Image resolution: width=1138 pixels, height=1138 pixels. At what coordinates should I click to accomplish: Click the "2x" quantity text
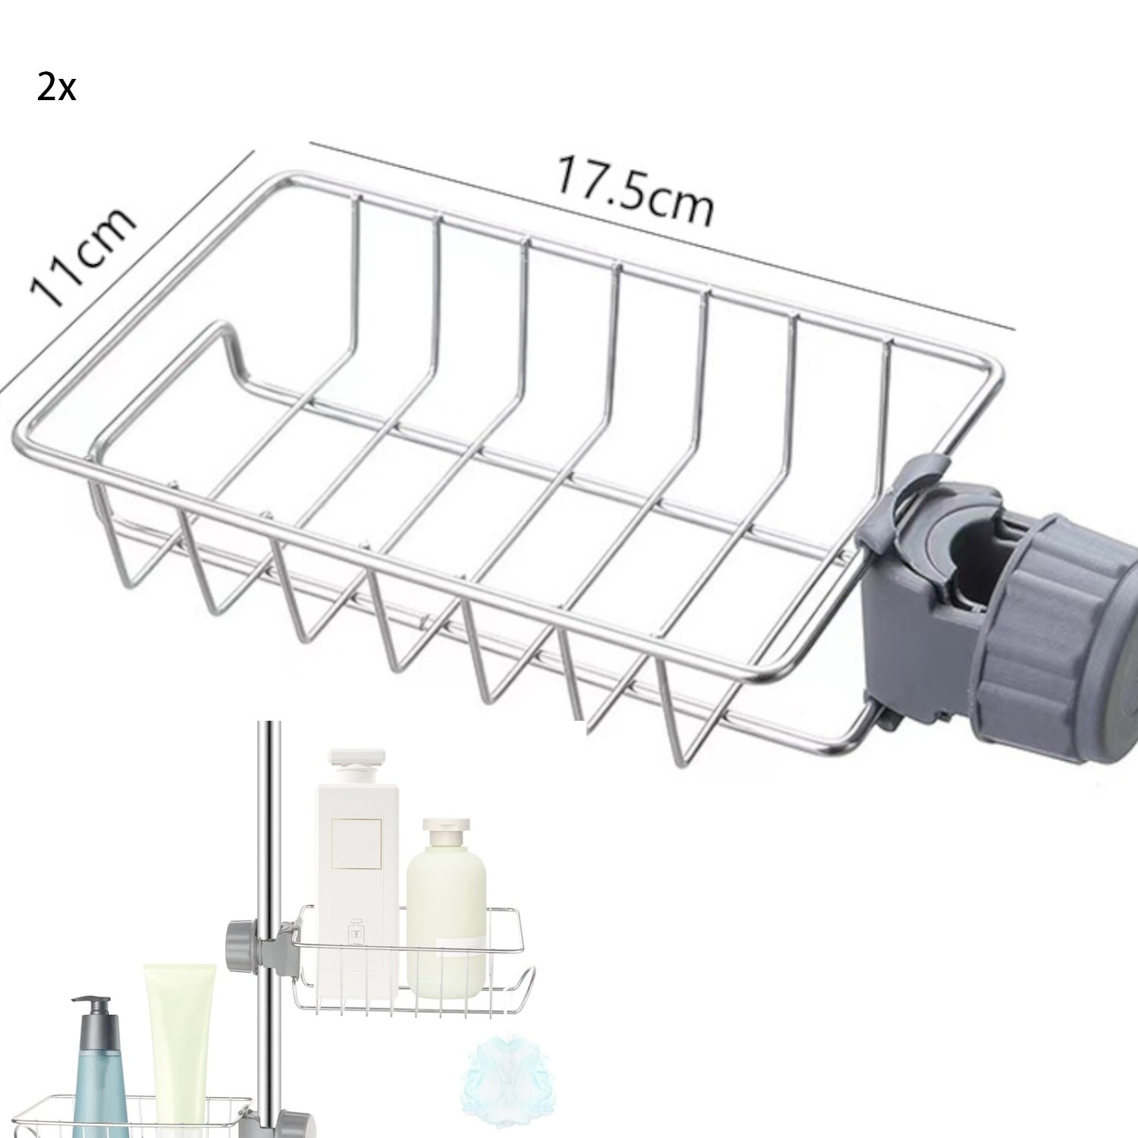point(56,90)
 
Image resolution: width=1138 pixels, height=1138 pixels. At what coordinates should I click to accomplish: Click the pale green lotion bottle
point(445,910)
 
